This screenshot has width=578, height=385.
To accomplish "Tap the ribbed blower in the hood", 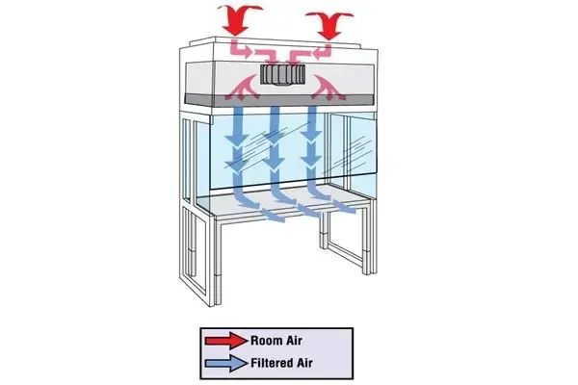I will (283, 75).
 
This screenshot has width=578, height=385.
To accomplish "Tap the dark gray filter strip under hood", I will (279, 100).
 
